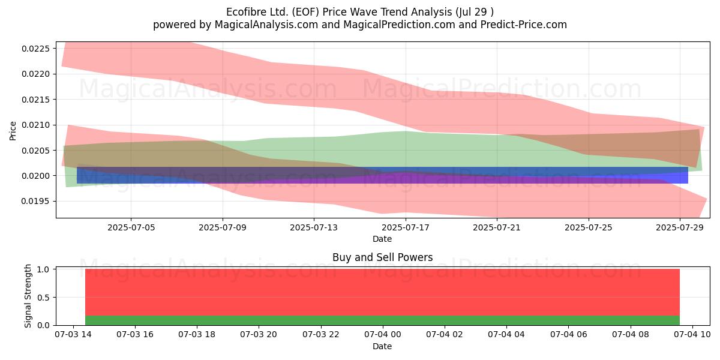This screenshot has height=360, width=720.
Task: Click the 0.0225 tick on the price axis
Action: pyautogui.click(x=35, y=49)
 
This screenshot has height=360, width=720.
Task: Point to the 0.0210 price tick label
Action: pyautogui.click(x=35, y=125)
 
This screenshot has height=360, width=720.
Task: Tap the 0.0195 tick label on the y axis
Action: pyautogui.click(x=35, y=202)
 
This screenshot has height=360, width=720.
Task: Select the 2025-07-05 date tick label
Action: pyautogui.click(x=131, y=227)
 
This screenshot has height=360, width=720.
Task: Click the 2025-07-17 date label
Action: pyautogui.click(x=406, y=227)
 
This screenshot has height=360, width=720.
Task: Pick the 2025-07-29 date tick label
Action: pyautogui.click(x=680, y=227)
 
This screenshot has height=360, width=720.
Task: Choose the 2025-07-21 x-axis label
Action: pyautogui.click(x=497, y=227)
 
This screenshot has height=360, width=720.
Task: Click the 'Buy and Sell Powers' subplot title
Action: pyautogui.click(x=383, y=257)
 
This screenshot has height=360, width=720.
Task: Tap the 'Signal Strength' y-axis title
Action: pyautogui.click(x=28, y=296)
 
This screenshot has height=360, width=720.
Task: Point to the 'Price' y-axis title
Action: pyautogui.click(x=13, y=131)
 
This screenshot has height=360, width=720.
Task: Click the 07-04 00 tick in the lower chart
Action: pyautogui.click(x=383, y=335)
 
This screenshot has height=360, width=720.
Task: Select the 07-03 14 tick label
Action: pyautogui.click(x=73, y=335)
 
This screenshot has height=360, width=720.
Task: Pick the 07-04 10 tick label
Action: pyautogui.click(x=692, y=335)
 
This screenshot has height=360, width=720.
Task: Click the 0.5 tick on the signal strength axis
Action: pyautogui.click(x=43, y=298)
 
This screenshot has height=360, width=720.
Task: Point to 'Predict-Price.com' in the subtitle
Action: pyautogui.click(x=524, y=25)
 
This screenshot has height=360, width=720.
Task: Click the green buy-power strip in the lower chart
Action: pyautogui.click(x=383, y=320)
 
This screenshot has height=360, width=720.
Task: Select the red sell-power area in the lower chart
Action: pyautogui.click(x=383, y=292)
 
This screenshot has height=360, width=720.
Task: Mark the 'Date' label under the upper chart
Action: pyautogui.click(x=382, y=239)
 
